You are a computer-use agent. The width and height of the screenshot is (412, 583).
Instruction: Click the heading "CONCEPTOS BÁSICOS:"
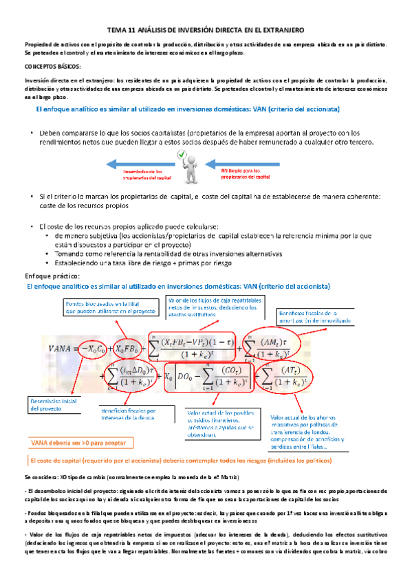(x=52, y=67)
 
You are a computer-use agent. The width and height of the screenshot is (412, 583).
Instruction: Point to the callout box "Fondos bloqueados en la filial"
(x=101, y=307)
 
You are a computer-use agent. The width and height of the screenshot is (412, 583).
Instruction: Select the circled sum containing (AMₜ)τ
(x=267, y=349)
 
